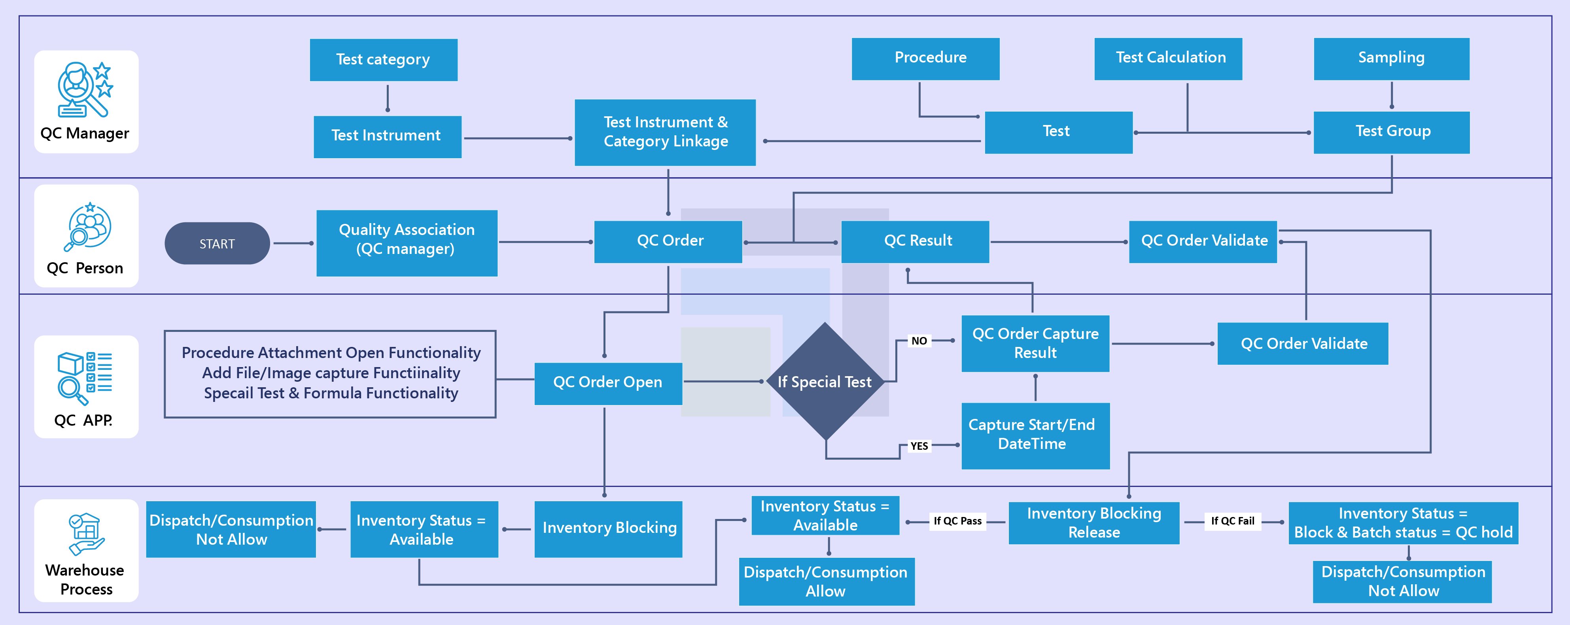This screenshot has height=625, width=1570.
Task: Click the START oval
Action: coord(217,243)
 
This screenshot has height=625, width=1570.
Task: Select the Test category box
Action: coord(383,60)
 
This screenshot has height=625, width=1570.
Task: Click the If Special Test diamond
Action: coord(825,382)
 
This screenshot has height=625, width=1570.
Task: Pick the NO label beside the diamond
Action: coord(919,341)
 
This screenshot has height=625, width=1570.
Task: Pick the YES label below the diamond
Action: coord(919,446)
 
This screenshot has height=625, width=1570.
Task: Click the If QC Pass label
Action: coord(957,521)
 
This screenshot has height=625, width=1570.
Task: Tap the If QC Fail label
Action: coord(1232,521)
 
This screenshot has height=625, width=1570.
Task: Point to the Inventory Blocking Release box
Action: coord(1094,523)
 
